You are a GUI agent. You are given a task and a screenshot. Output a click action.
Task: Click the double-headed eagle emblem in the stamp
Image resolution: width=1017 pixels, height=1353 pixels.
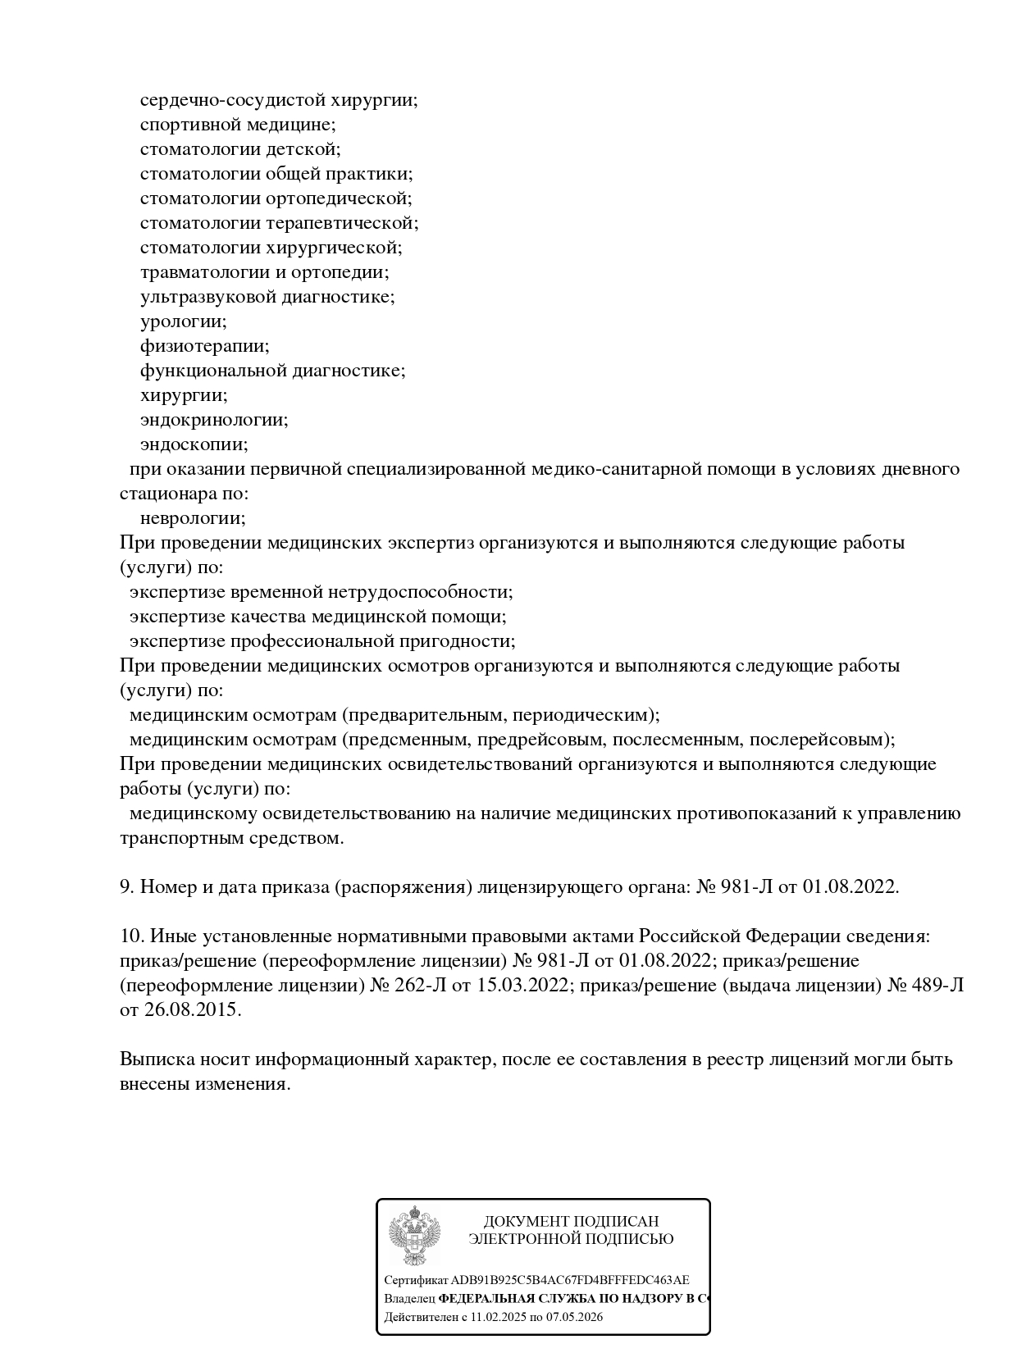[414, 1236]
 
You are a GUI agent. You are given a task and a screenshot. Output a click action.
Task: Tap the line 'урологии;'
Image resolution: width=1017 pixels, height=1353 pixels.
[184, 321]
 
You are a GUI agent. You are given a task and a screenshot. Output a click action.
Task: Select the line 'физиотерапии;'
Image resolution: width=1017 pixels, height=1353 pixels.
[204, 346]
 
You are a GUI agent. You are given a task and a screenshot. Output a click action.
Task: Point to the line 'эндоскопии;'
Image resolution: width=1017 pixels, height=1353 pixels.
[194, 444]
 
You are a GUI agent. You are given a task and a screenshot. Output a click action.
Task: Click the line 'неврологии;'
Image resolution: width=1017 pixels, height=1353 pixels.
[193, 518]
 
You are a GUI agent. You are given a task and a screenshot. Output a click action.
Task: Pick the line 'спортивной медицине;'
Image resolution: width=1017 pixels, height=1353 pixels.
[238, 125]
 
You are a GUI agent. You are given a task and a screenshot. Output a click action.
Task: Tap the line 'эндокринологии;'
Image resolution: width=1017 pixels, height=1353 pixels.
[214, 420]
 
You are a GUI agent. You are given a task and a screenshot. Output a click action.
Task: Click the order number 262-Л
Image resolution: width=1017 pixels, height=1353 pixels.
[421, 985]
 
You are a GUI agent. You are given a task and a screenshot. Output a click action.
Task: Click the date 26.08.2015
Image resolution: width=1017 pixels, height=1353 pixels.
[193, 1009]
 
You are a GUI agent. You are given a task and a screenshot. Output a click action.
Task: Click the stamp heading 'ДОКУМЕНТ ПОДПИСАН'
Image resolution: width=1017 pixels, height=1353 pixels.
[571, 1221]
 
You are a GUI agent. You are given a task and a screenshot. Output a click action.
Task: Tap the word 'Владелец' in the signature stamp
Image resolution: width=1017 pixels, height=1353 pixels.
[409, 1298]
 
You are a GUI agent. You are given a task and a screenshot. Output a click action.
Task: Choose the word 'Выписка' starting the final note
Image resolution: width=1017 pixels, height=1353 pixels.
[157, 1059]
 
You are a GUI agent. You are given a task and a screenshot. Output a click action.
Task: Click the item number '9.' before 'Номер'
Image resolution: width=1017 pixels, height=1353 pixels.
[127, 886]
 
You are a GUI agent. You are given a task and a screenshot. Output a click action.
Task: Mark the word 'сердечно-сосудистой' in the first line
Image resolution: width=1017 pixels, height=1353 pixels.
[232, 100]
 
